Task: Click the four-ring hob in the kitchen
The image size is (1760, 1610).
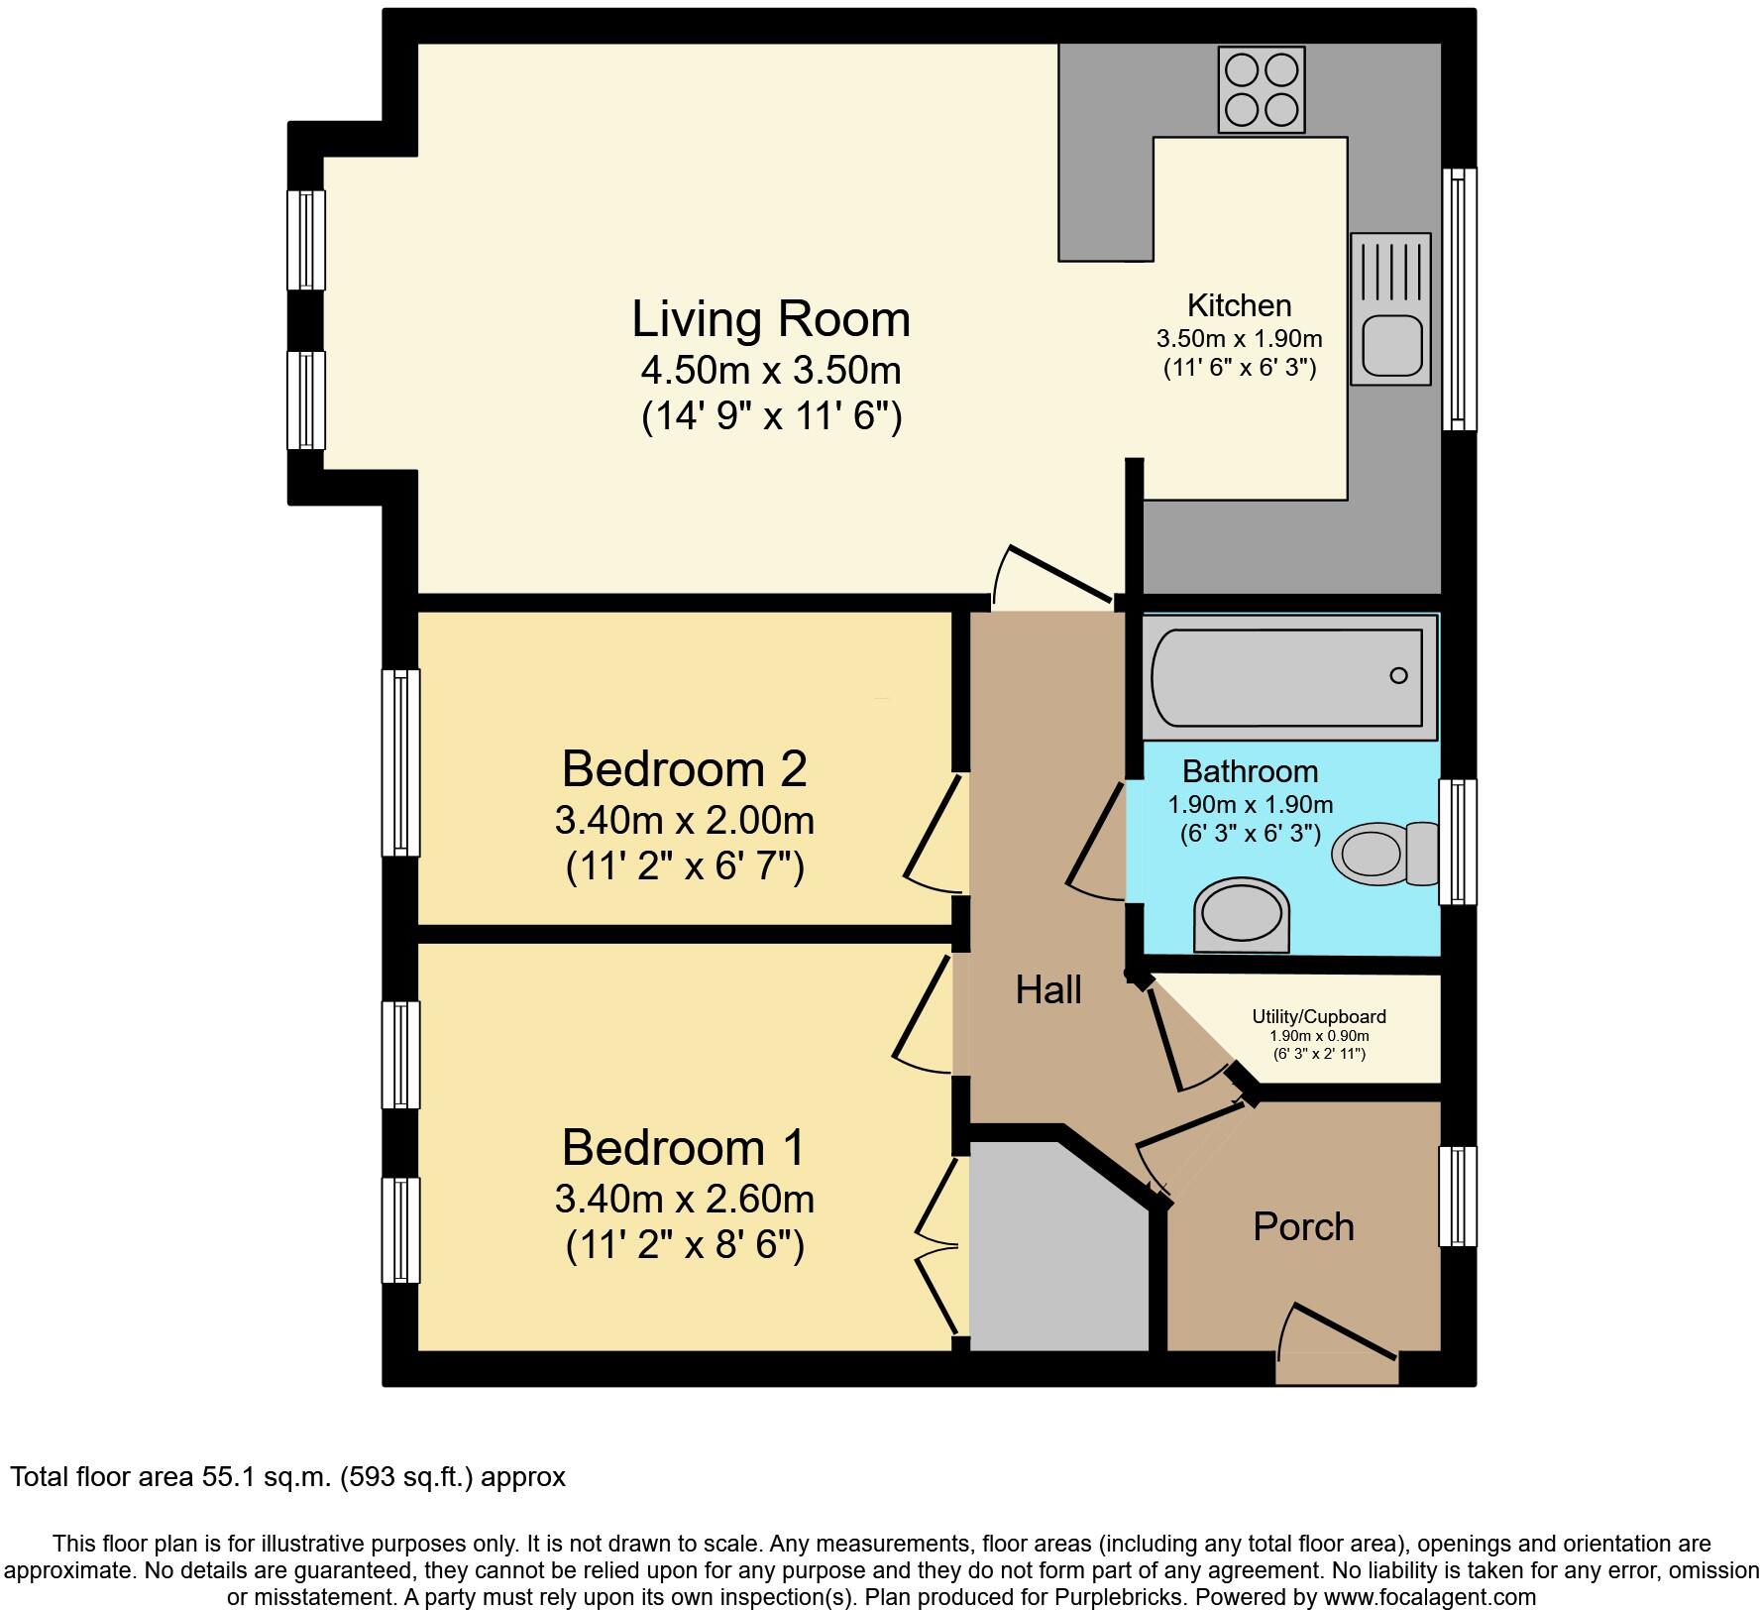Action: [x=1261, y=89]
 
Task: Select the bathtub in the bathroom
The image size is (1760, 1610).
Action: [x=1288, y=676]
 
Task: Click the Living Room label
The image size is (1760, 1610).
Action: [x=771, y=319]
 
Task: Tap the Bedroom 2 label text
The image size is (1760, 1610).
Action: [x=684, y=768]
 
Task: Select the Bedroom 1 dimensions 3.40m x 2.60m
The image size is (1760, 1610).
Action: [x=684, y=1200]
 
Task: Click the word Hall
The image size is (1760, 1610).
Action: [x=1047, y=989]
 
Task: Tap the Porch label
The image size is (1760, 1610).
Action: [x=1303, y=1227]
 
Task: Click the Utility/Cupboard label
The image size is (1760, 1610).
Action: [x=1318, y=1016]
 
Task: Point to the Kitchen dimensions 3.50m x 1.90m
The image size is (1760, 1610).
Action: [x=1239, y=339]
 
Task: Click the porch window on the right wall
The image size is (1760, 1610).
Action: [x=1457, y=1196]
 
